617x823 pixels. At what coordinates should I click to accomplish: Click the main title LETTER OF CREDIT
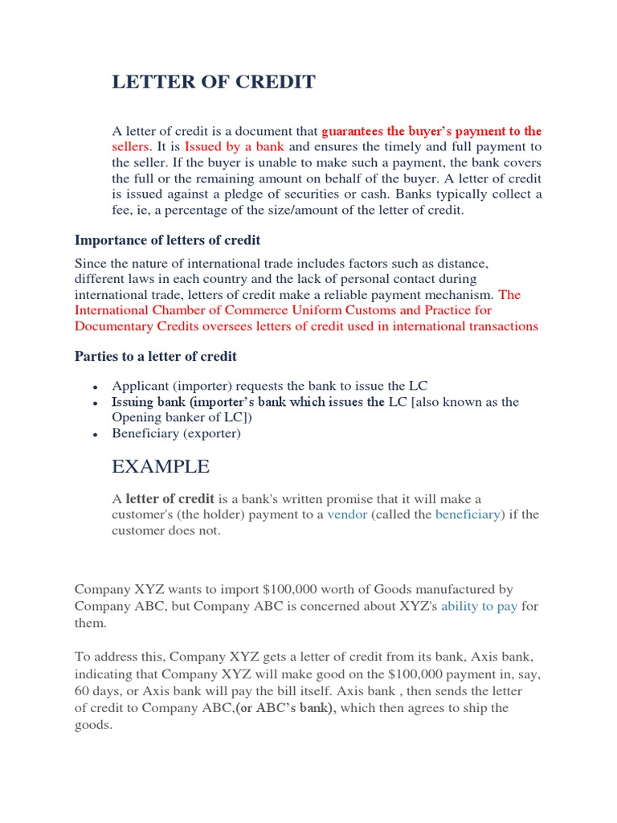(x=214, y=82)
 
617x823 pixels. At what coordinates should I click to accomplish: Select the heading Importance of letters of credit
(x=167, y=240)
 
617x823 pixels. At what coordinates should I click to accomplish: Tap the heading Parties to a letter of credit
(x=156, y=356)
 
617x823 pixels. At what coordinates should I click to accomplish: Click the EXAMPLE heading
(x=161, y=466)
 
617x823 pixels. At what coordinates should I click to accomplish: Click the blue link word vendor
(x=347, y=514)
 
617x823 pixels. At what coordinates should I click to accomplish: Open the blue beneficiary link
(x=468, y=514)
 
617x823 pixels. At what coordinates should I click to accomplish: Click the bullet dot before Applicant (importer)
(x=96, y=387)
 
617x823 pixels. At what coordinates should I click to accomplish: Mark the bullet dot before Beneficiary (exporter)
(x=96, y=435)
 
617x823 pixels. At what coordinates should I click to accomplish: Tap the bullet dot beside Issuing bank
(x=96, y=403)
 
